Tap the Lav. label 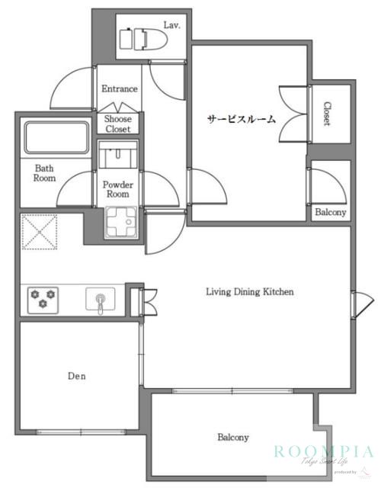click(171, 24)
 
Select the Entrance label click(120, 89)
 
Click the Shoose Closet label click(118, 124)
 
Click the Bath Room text click(44, 173)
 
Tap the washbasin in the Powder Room click(117, 159)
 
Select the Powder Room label click(118, 189)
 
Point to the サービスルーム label click(242, 120)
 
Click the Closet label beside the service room click(326, 114)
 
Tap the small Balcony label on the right click(330, 213)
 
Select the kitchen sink click(100, 298)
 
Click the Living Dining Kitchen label click(250, 291)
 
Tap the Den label click(75, 376)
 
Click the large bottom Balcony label click(233, 438)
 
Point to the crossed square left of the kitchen click(40, 231)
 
